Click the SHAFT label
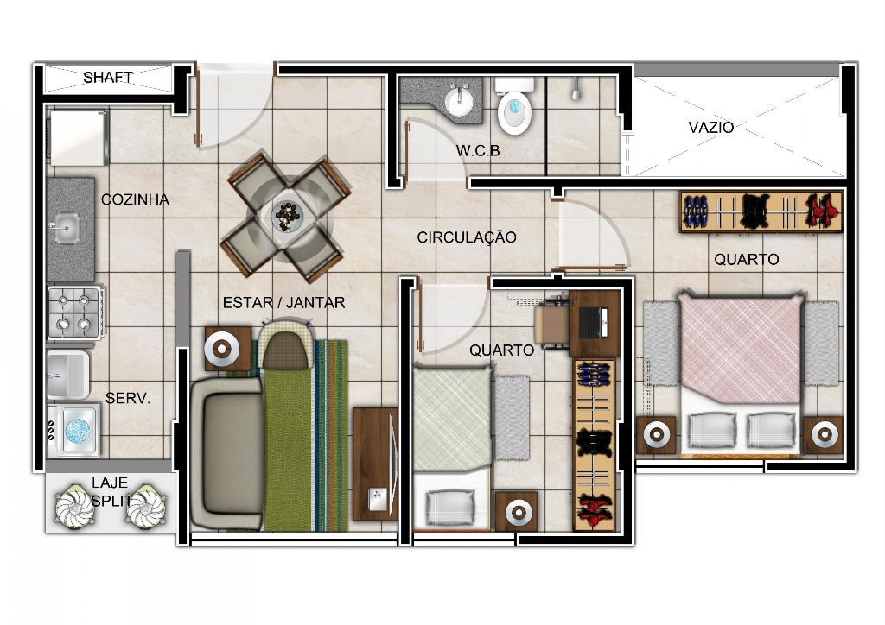[x=108, y=77]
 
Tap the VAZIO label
[x=711, y=128]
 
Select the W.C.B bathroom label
[x=478, y=151]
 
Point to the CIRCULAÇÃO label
[x=467, y=237]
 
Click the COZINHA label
[x=135, y=199]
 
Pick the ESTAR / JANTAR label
[x=283, y=303]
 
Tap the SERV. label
[x=128, y=399]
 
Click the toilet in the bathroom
[x=515, y=105]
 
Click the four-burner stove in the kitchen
[x=76, y=312]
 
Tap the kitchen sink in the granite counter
[x=65, y=228]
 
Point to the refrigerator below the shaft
[x=79, y=138]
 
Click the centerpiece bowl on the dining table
[x=288, y=215]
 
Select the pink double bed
[x=741, y=372]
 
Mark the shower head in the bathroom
[x=576, y=90]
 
